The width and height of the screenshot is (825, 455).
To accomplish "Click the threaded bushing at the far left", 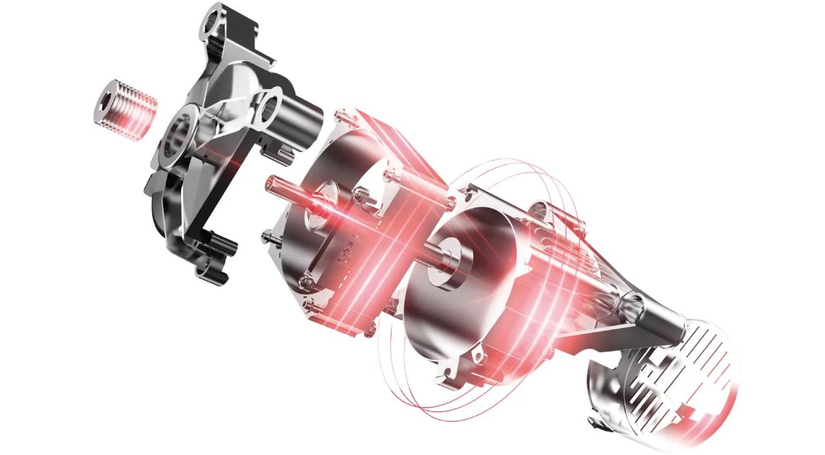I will [125, 110].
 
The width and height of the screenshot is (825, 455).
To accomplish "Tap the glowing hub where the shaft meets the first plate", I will [322, 200].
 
